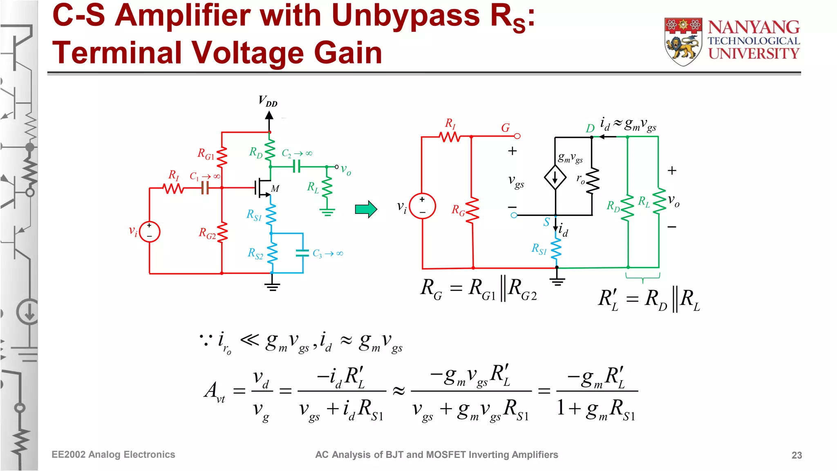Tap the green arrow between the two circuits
[366, 209]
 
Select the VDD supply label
[268, 101]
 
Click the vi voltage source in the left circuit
[150, 231]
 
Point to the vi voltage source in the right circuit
[422, 206]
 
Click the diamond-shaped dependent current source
[555, 177]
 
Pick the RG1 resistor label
[206, 154]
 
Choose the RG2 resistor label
[207, 233]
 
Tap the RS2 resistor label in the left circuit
[255, 253]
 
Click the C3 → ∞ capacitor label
[328, 253]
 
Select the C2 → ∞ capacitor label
[297, 153]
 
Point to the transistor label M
[275, 188]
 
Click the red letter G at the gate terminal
[506, 128]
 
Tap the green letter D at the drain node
[590, 128]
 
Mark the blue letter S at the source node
[546, 222]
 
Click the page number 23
[797, 455]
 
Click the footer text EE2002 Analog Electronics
[113, 455]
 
